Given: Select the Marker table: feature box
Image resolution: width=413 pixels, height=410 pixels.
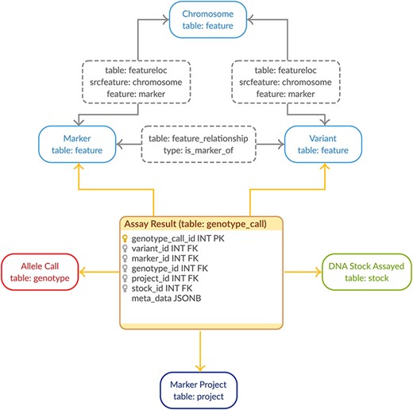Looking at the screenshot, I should (x=76, y=143).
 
